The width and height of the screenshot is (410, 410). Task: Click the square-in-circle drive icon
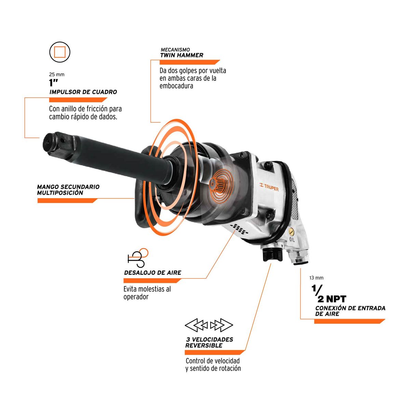pos(60,52)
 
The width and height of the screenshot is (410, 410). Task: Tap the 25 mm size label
pos(57,74)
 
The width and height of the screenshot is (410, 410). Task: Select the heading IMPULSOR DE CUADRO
pos(83,92)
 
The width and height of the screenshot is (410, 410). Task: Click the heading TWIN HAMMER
pos(182,55)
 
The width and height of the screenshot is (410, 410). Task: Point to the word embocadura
pos(176,86)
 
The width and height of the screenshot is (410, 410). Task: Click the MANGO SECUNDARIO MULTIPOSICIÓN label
pos(68,190)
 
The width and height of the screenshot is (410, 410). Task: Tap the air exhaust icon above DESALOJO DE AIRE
pos(138,258)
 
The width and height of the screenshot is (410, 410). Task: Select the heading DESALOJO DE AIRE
pos(153,273)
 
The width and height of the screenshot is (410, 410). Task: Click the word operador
pos(136,297)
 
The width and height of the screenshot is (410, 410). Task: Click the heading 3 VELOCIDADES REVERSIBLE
pos(209,342)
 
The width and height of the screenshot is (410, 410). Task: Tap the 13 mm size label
pos(316,278)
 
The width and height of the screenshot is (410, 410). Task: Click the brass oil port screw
pos(291,232)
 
